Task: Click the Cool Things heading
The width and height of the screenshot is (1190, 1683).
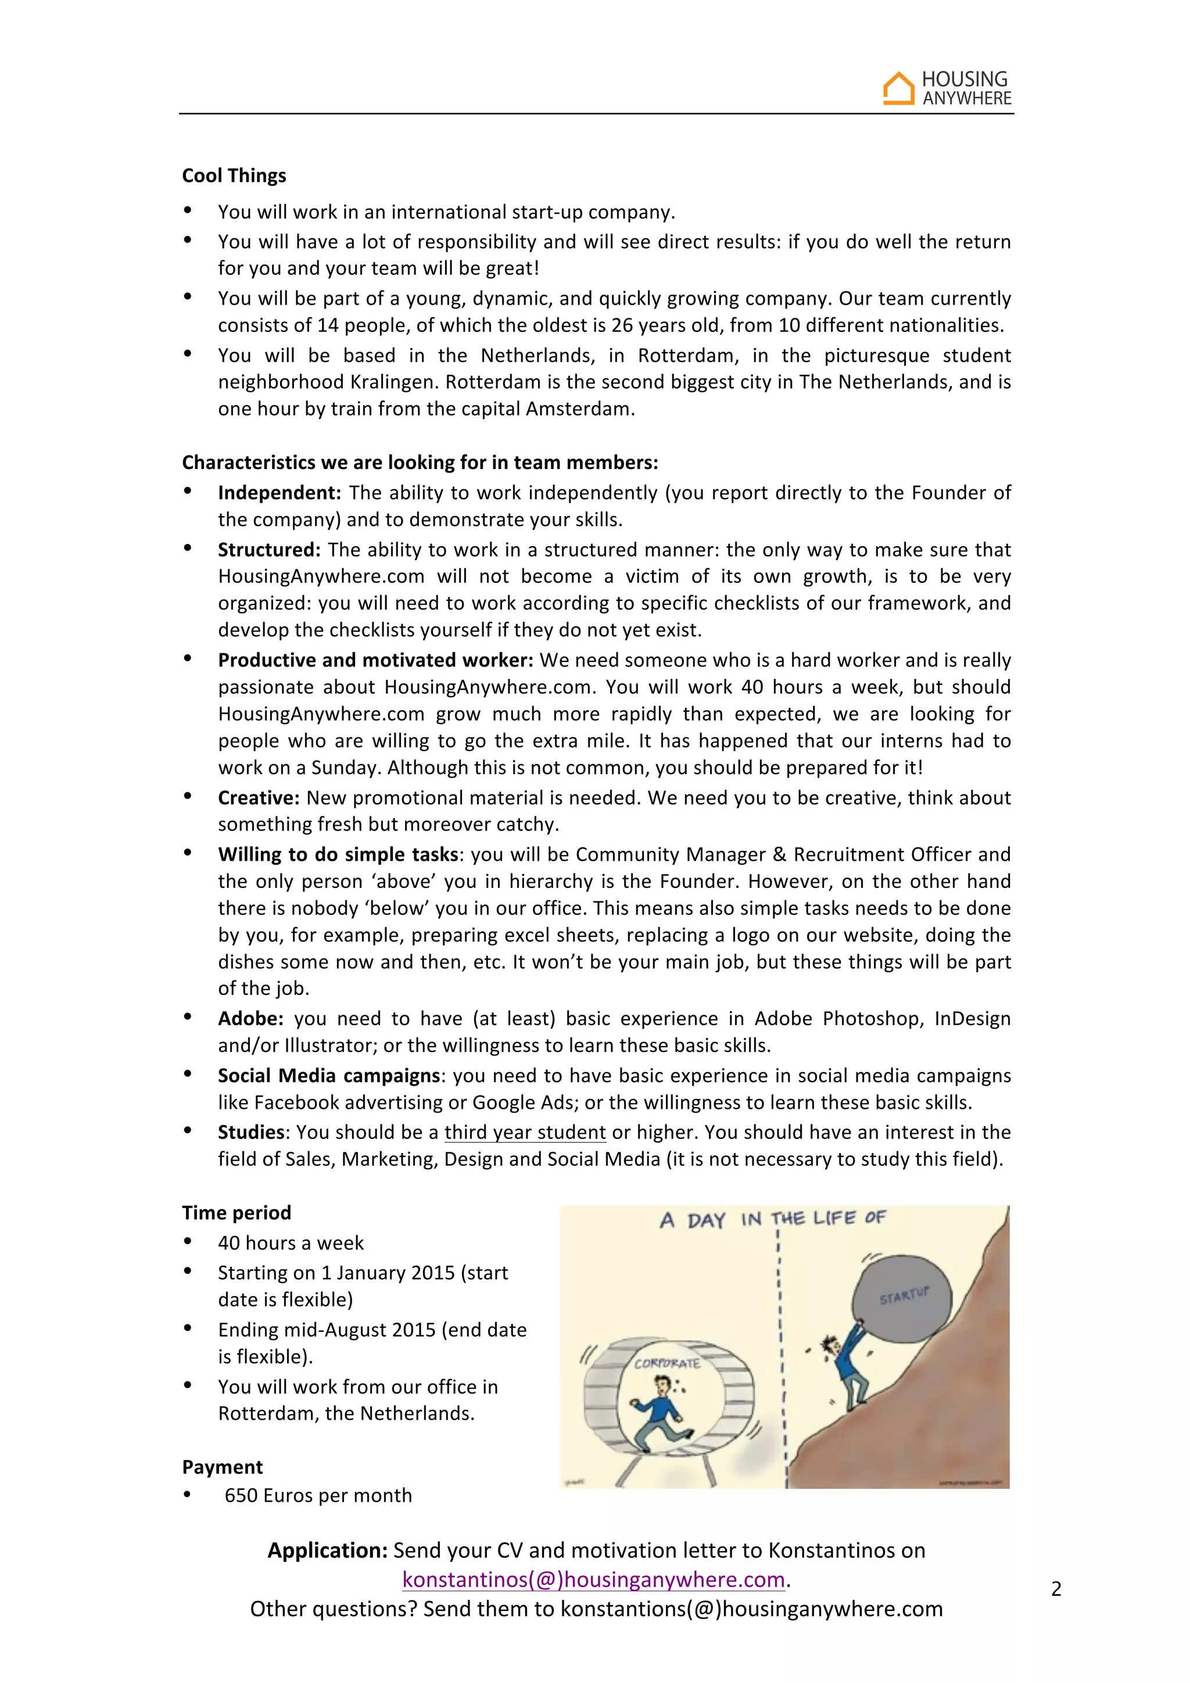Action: tap(234, 176)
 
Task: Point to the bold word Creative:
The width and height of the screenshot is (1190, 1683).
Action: tap(259, 797)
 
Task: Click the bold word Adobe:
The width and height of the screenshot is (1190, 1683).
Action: tap(250, 1018)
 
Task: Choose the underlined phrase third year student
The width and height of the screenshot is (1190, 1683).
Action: tap(525, 1133)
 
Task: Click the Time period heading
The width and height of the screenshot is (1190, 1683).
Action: tap(236, 1212)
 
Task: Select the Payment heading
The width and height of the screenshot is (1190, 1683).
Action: tap(222, 1467)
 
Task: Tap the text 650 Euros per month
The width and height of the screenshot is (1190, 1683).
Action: tap(318, 1495)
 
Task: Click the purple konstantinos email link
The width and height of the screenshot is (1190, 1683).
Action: tap(593, 1579)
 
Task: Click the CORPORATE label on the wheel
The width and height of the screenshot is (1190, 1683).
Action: tap(667, 1363)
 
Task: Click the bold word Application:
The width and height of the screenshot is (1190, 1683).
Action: tap(327, 1550)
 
